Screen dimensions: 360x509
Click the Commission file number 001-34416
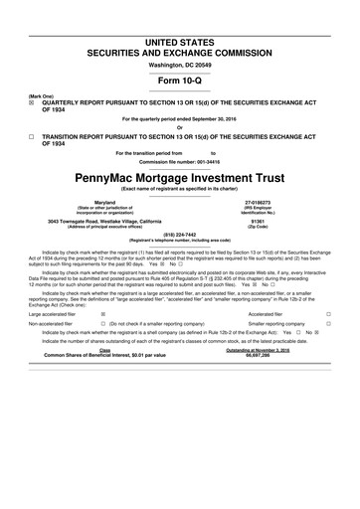point(179,161)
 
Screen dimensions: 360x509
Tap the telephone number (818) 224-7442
point(179,235)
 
